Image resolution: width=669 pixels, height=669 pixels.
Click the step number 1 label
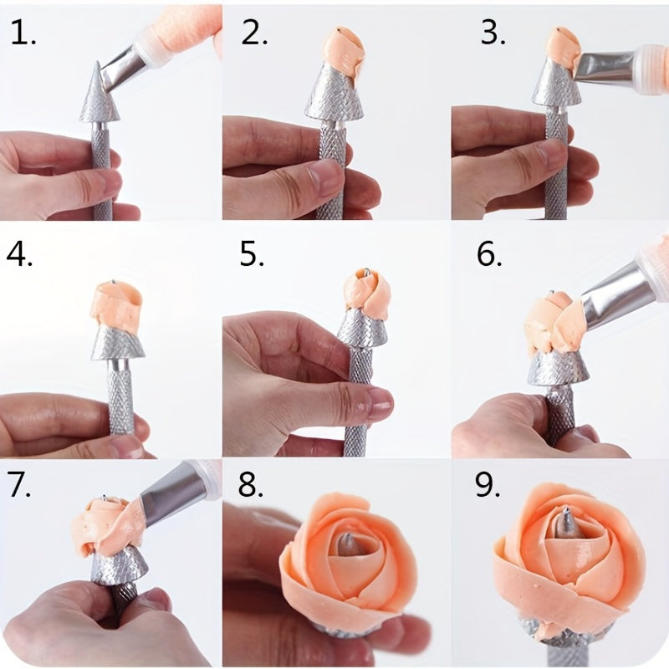pyautogui.click(x=23, y=33)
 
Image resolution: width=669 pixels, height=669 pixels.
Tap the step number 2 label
pyautogui.click(x=254, y=33)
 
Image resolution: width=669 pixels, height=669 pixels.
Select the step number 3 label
pyautogui.click(x=493, y=33)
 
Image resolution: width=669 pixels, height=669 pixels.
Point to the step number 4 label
pyautogui.click(x=19, y=255)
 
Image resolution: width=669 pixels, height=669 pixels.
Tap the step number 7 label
pyautogui.click(x=19, y=485)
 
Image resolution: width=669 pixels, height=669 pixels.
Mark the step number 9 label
pyautogui.click(x=488, y=485)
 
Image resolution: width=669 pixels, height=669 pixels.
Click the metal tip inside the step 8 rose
pyautogui.click(x=344, y=546)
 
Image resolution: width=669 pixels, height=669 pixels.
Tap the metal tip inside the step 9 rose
pyautogui.click(x=568, y=523)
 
